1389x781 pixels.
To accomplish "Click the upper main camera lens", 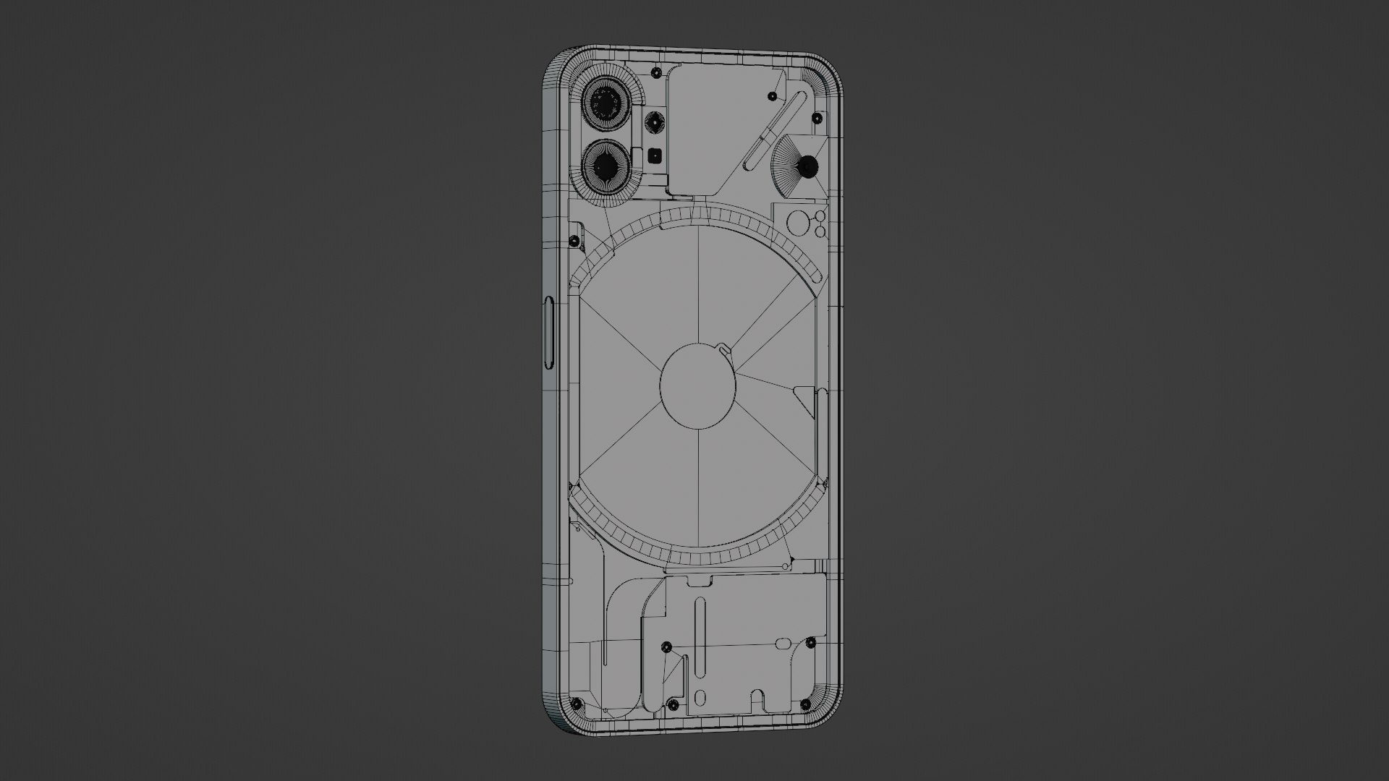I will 604,106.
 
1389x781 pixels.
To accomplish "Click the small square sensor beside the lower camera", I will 655,154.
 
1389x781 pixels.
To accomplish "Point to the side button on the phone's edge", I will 548,333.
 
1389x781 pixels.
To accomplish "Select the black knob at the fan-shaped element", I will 807,167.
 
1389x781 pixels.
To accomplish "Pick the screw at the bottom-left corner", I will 577,704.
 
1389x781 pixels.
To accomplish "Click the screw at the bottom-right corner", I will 805,704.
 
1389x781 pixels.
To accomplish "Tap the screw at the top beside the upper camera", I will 655,73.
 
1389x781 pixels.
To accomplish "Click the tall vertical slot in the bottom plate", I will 700,640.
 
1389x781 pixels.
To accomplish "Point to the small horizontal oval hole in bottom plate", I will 783,643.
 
